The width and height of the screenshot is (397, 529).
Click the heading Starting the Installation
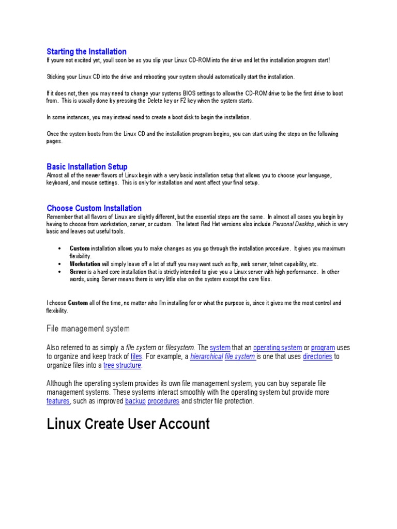(86, 52)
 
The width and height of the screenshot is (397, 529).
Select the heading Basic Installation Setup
(87, 167)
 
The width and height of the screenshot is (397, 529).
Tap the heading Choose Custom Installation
(94, 208)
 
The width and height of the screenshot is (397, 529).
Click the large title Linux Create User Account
(128, 424)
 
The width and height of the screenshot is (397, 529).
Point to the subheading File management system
(88, 329)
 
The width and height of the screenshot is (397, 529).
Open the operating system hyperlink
(277, 348)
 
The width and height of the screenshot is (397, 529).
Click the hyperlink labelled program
(323, 348)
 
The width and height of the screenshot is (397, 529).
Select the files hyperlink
(136, 356)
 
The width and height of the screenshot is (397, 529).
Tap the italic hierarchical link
(206, 356)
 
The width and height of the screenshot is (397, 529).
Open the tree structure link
(123, 365)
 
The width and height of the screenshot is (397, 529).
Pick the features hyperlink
(58, 401)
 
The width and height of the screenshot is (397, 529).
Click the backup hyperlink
(135, 401)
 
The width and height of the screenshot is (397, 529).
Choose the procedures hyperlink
(163, 401)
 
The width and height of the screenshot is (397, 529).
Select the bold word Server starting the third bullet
(78, 271)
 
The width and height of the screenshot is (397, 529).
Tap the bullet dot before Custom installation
(62, 248)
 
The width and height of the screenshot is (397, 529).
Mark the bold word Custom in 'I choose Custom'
(78, 303)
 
